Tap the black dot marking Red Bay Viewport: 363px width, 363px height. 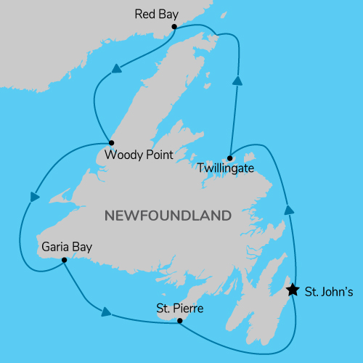pyautogui.click(x=174, y=28)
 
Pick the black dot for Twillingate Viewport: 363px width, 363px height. pyautogui.click(x=229, y=158)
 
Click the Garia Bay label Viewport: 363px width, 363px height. pyautogui.click(x=67, y=246)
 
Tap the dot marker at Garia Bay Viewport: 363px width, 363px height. pyautogui.click(x=65, y=260)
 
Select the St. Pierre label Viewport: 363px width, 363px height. pyautogui.click(x=179, y=308)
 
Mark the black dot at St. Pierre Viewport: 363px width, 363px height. pyautogui.click(x=179, y=320)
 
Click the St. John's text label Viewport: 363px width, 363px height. pyautogui.click(x=329, y=293)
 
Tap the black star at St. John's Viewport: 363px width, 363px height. pyautogui.click(x=292, y=290)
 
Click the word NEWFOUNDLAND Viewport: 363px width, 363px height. pyautogui.click(x=168, y=216)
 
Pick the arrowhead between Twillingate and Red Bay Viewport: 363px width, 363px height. pyautogui.click(x=237, y=81)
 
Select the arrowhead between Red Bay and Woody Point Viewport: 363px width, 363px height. pyautogui.click(x=115, y=70)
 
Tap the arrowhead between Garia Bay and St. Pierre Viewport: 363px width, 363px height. pyautogui.click(x=106, y=312)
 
